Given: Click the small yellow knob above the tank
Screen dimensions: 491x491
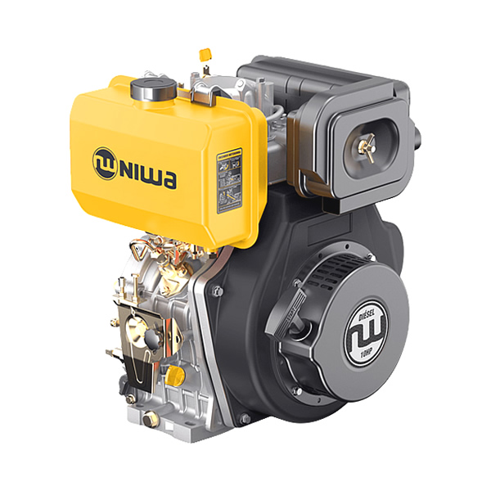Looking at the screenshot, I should click(x=205, y=55).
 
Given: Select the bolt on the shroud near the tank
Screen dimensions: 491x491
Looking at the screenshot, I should click(x=215, y=290).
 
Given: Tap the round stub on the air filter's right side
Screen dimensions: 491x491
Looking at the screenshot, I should click(x=416, y=131).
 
